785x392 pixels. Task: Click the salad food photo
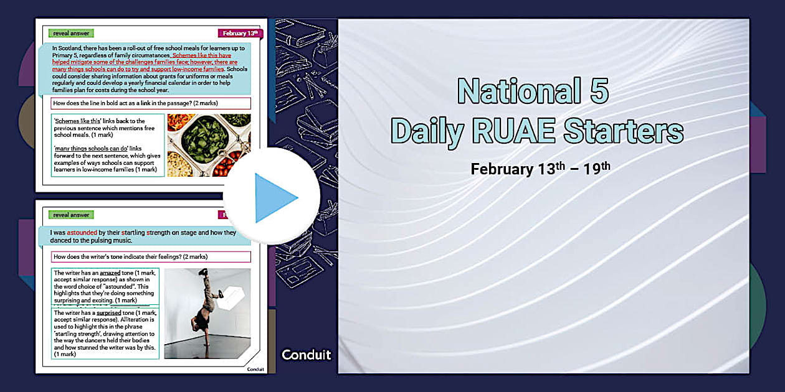coord(209,144)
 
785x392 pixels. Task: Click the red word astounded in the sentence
coord(82,233)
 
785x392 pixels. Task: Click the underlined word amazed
coord(110,273)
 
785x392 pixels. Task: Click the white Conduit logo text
coord(306,355)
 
